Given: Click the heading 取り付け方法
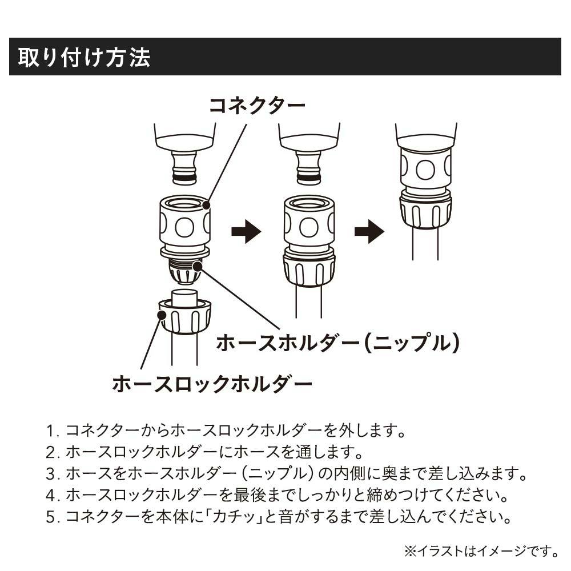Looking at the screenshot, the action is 84,57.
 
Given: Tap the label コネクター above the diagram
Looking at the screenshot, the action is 257,106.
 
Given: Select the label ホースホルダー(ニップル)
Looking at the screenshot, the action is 337,343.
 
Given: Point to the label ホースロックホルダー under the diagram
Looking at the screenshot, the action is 212,384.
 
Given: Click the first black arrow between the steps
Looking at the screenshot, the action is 246,231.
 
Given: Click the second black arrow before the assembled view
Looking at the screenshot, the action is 369,231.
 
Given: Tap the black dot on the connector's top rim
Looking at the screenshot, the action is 206,205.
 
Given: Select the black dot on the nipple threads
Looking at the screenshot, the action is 198,267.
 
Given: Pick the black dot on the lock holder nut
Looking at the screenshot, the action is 162,315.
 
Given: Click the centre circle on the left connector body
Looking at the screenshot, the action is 184,227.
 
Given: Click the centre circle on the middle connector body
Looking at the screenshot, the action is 309,227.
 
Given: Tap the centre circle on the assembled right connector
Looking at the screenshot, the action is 425,170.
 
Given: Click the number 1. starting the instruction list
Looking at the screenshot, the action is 53,431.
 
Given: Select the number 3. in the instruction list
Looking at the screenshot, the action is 53,474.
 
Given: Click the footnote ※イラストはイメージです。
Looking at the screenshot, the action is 481,551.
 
